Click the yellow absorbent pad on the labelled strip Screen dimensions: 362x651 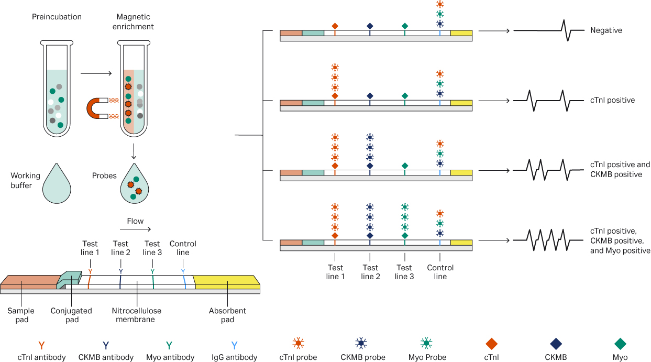click(x=227, y=281)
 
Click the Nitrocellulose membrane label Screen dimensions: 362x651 click(x=137, y=315)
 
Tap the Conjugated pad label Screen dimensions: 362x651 click(x=71, y=315)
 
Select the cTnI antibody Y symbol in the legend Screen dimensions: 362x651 click(x=42, y=345)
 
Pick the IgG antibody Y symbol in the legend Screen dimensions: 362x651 click(x=234, y=345)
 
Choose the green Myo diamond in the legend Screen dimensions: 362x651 click(x=620, y=344)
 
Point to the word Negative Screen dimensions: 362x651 click(x=606, y=30)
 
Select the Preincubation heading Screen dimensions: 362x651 click(x=57, y=17)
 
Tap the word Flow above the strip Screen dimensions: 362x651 click(x=135, y=221)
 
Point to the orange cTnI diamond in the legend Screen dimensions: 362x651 click(x=491, y=344)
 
